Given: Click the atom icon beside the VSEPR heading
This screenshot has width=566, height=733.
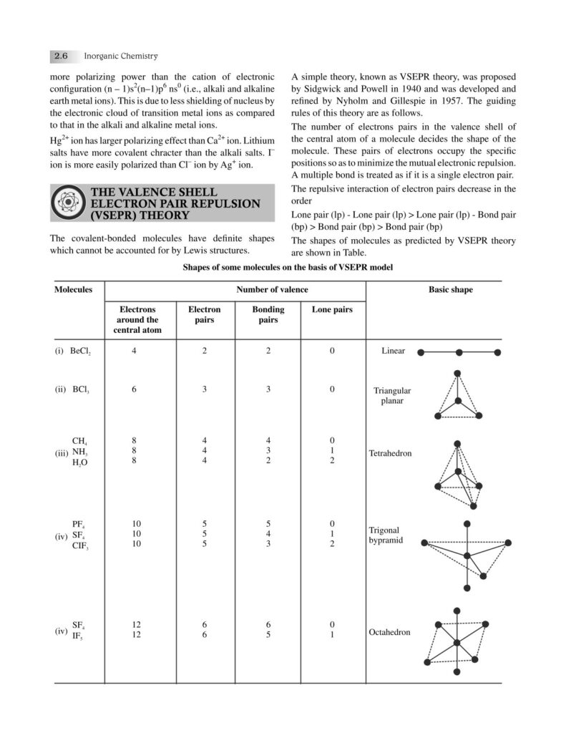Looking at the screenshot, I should click(67, 204).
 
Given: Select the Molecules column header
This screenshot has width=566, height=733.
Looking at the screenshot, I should click(74, 290).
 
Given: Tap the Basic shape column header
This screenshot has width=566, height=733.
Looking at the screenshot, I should click(450, 290).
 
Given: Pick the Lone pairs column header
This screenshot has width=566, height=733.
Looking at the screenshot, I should click(332, 309).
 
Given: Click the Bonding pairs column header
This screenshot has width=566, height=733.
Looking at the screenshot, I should click(268, 314).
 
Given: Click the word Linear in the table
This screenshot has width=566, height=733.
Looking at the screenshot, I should click(394, 351).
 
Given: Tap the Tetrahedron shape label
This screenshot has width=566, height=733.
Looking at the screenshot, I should click(390, 454).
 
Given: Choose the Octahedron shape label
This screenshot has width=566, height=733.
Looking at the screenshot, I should click(389, 633).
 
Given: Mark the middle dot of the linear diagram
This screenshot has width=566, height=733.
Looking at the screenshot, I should click(459, 352).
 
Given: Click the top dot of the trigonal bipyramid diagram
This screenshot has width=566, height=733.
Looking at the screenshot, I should click(467, 523).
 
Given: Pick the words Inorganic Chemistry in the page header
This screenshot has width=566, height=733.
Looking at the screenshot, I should click(121, 56).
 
